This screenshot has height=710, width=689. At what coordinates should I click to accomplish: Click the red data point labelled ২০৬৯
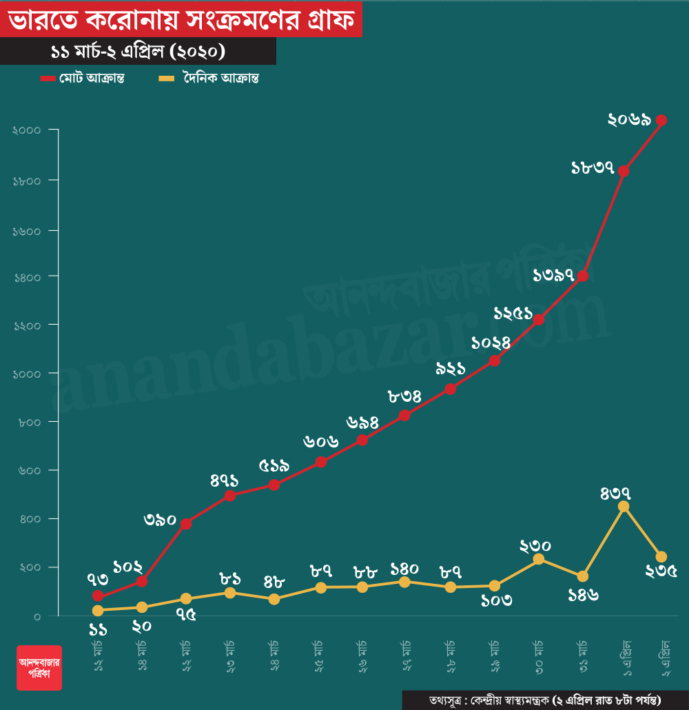(661, 120)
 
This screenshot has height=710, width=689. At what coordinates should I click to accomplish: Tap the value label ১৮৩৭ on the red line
(593, 167)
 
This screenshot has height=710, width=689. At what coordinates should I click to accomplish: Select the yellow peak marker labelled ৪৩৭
(624, 507)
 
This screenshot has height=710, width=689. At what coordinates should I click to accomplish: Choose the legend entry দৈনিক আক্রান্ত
(209, 78)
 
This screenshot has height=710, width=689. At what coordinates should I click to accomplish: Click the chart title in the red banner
(181, 21)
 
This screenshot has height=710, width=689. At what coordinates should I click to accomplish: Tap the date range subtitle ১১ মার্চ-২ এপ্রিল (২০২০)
(138, 52)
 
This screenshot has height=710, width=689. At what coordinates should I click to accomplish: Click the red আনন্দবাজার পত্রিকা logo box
(39, 667)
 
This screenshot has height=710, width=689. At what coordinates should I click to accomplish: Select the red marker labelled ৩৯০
(185, 524)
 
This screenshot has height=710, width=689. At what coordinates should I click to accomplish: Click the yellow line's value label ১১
(98, 629)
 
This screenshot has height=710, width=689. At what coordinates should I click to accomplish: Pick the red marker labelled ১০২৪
(494, 361)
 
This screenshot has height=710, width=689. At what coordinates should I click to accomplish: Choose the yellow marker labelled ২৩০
(539, 559)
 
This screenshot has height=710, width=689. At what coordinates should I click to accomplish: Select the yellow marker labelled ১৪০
(404, 582)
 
